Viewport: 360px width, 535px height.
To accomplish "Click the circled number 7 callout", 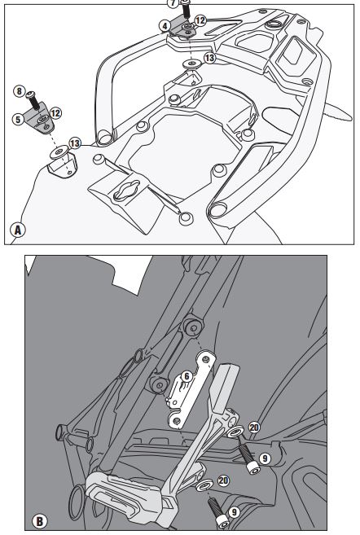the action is pyautogui.click(x=173, y=3).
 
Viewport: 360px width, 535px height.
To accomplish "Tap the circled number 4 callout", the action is pyautogui.click(x=165, y=25).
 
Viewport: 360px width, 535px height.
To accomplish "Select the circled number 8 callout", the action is pyautogui.click(x=20, y=91).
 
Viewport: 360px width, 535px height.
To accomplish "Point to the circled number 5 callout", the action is pyautogui.click(x=18, y=119).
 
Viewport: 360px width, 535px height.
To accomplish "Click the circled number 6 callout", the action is pyautogui.click(x=187, y=376).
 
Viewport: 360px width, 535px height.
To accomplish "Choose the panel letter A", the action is pyautogui.click(x=17, y=230).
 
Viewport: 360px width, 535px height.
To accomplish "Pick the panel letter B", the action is pyautogui.click(x=40, y=522).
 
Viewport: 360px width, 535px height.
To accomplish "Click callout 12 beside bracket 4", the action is pyautogui.click(x=200, y=20).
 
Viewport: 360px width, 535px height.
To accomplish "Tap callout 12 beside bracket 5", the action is pyautogui.click(x=55, y=113).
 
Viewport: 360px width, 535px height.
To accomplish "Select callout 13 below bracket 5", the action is pyautogui.click(x=75, y=143).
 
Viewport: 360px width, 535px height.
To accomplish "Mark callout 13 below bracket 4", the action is pyautogui.click(x=210, y=58).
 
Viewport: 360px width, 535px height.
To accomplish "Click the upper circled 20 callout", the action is pyautogui.click(x=254, y=428).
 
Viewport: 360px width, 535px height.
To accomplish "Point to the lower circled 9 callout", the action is pyautogui.click(x=234, y=512).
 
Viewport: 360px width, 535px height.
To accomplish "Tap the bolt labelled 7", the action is pyautogui.click(x=185, y=9).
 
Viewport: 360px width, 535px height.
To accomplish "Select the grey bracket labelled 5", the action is pyautogui.click(x=39, y=119).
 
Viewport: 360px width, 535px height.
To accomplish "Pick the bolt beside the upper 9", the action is pyautogui.click(x=248, y=460).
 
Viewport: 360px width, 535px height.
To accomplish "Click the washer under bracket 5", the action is pyautogui.click(x=59, y=151).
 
